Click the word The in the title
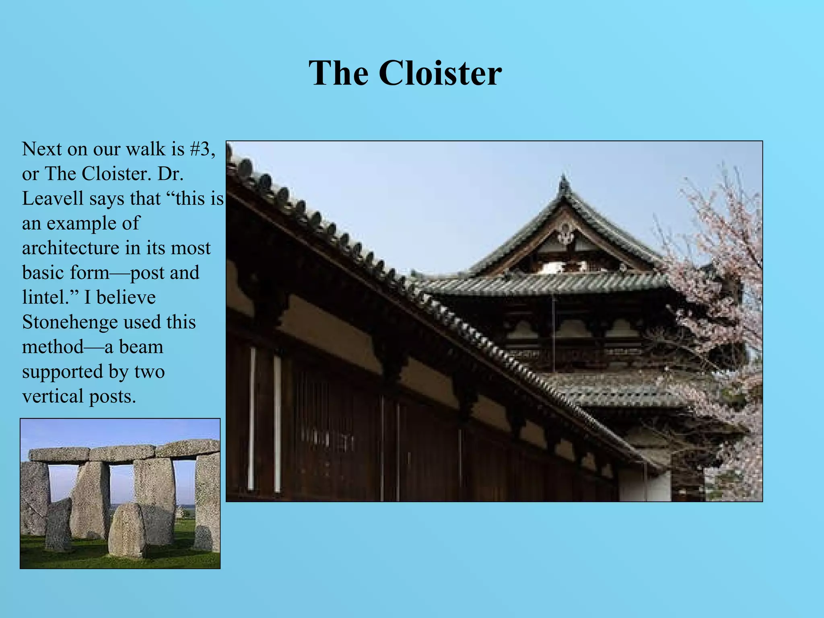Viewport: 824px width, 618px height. click(x=338, y=73)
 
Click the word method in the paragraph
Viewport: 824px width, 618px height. click(x=52, y=347)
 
